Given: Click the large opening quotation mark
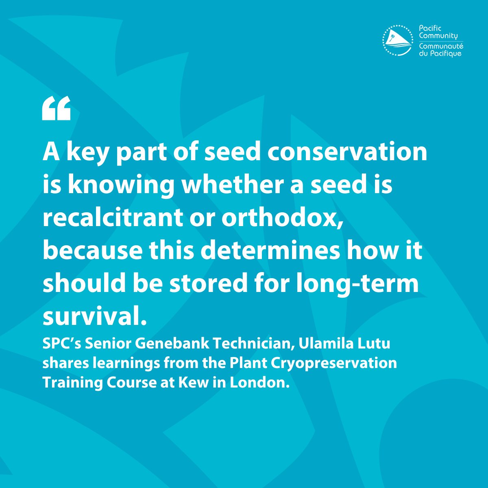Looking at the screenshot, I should (x=57, y=109).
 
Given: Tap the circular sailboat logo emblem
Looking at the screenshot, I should (x=398, y=40).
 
